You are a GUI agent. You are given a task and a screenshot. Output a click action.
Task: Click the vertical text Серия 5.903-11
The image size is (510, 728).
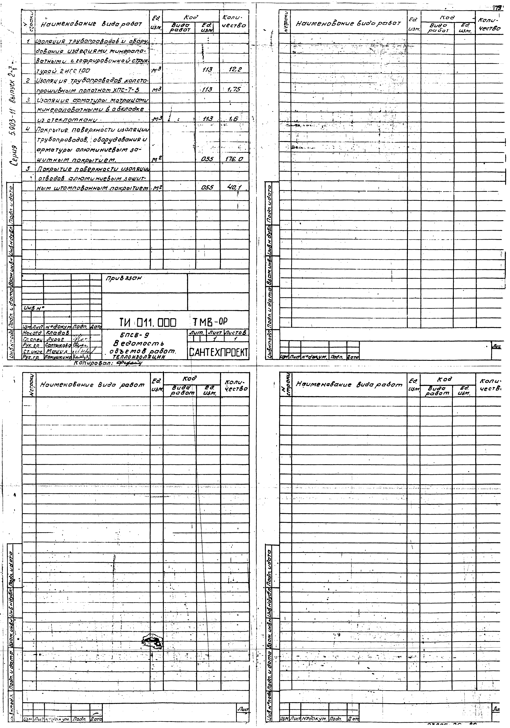click(x=15, y=127)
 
